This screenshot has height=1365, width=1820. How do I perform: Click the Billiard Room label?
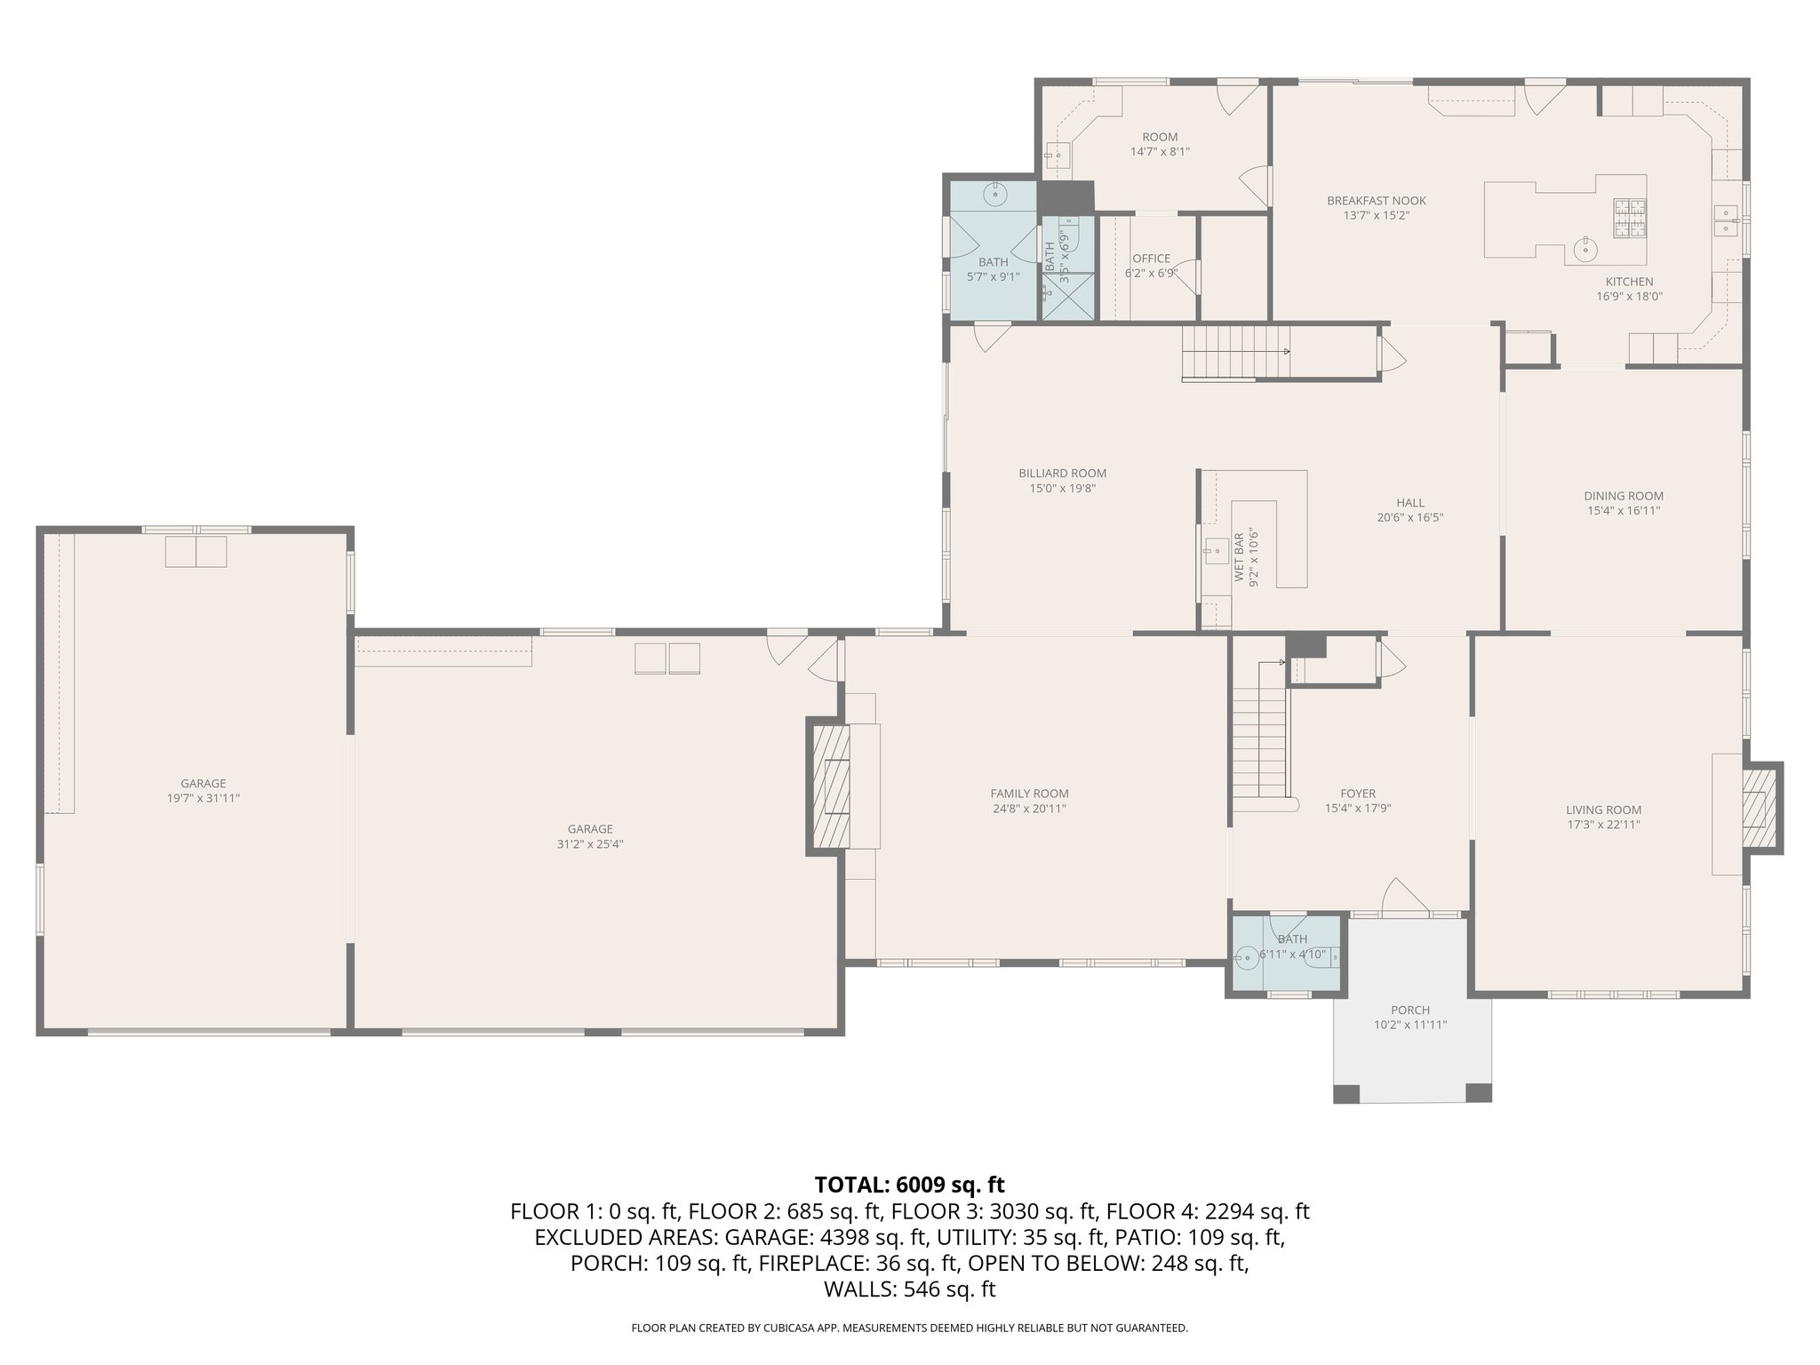coord(1062,474)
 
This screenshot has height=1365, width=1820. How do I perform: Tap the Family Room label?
coord(1029,794)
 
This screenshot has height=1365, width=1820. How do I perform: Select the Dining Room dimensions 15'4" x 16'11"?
coord(1624,511)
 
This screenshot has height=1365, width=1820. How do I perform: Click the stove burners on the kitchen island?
coord(1631,219)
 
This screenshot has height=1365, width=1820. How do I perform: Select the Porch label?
coord(1410,1010)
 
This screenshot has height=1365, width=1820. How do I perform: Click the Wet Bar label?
coord(1239,558)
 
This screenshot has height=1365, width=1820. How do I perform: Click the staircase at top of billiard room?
coord(1235,352)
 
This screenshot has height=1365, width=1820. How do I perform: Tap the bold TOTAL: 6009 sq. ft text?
coord(909,1185)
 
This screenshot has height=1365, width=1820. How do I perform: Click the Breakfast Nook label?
coord(1377,201)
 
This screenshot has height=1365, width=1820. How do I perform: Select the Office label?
coord(1151,259)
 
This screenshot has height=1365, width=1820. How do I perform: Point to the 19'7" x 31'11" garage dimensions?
coord(204,798)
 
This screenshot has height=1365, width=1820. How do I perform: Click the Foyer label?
coord(1358,794)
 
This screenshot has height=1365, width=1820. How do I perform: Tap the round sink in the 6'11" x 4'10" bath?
coord(1248,957)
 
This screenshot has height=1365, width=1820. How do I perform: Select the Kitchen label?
coord(1629,282)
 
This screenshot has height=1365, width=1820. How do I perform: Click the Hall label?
coord(1409,503)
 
